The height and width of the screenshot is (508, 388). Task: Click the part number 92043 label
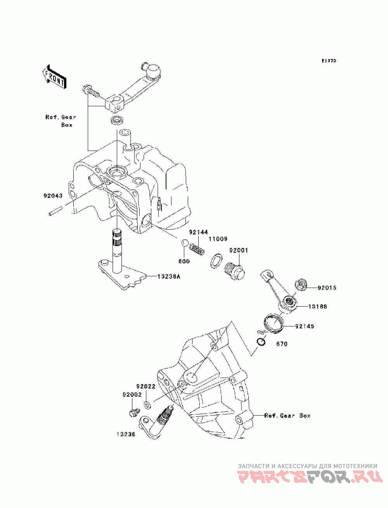click(x=53, y=196)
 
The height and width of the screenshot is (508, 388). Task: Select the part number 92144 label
click(x=198, y=232)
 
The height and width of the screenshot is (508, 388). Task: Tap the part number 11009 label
click(x=218, y=239)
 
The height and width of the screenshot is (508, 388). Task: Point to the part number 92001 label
click(x=239, y=250)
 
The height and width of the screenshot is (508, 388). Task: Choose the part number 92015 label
click(x=327, y=287)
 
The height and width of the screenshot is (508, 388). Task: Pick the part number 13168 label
click(x=317, y=306)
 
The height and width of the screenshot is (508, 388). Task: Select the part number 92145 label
click(x=305, y=326)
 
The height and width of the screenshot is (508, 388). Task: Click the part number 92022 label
click(x=146, y=387)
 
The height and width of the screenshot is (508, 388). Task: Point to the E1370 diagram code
click(x=329, y=61)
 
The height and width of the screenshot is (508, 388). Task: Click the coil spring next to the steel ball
click(x=197, y=249)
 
